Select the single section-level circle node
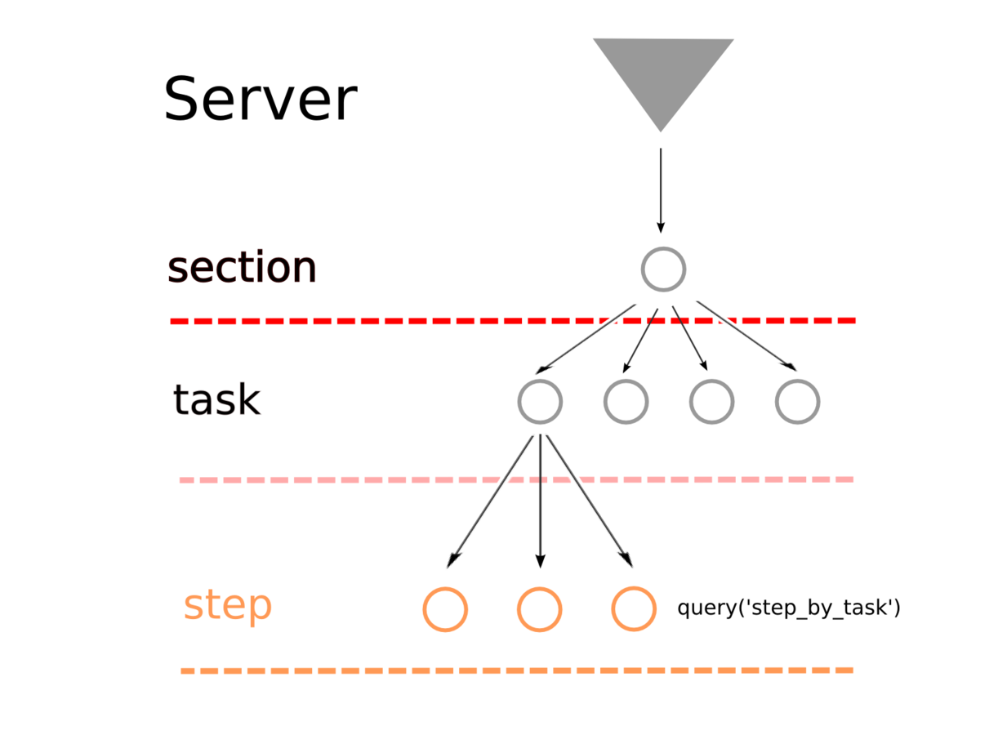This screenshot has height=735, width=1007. [x=662, y=269]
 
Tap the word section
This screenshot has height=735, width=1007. [x=242, y=268]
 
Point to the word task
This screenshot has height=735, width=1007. [x=216, y=400]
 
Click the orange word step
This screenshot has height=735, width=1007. [x=227, y=606]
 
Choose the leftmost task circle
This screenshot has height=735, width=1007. [x=540, y=401]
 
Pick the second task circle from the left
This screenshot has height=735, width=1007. [x=626, y=401]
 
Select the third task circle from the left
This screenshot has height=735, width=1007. [x=711, y=401]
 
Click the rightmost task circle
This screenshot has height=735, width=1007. [x=797, y=401]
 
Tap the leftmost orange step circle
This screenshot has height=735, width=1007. [x=445, y=609]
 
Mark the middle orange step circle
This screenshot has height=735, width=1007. [x=539, y=609]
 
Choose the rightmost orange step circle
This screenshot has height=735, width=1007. [x=634, y=609]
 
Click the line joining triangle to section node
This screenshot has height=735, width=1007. [x=660, y=184]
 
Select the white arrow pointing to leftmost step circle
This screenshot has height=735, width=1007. [x=490, y=502]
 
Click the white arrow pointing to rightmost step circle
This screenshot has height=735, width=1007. [x=590, y=502]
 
